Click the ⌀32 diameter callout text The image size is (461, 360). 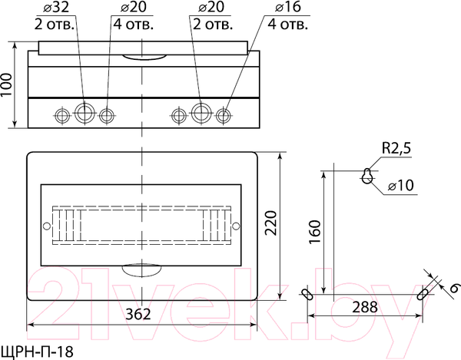point(56,7)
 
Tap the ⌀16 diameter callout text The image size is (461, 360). point(288,7)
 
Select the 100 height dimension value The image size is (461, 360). point(6,84)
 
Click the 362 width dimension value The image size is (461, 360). point(138,314)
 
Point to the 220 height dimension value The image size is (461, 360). point(271,223)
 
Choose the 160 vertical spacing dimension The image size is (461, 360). point(314,232)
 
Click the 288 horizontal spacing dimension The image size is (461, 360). point(365,307)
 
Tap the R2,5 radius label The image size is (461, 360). point(396,148)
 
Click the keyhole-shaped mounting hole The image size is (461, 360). point(367,176)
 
